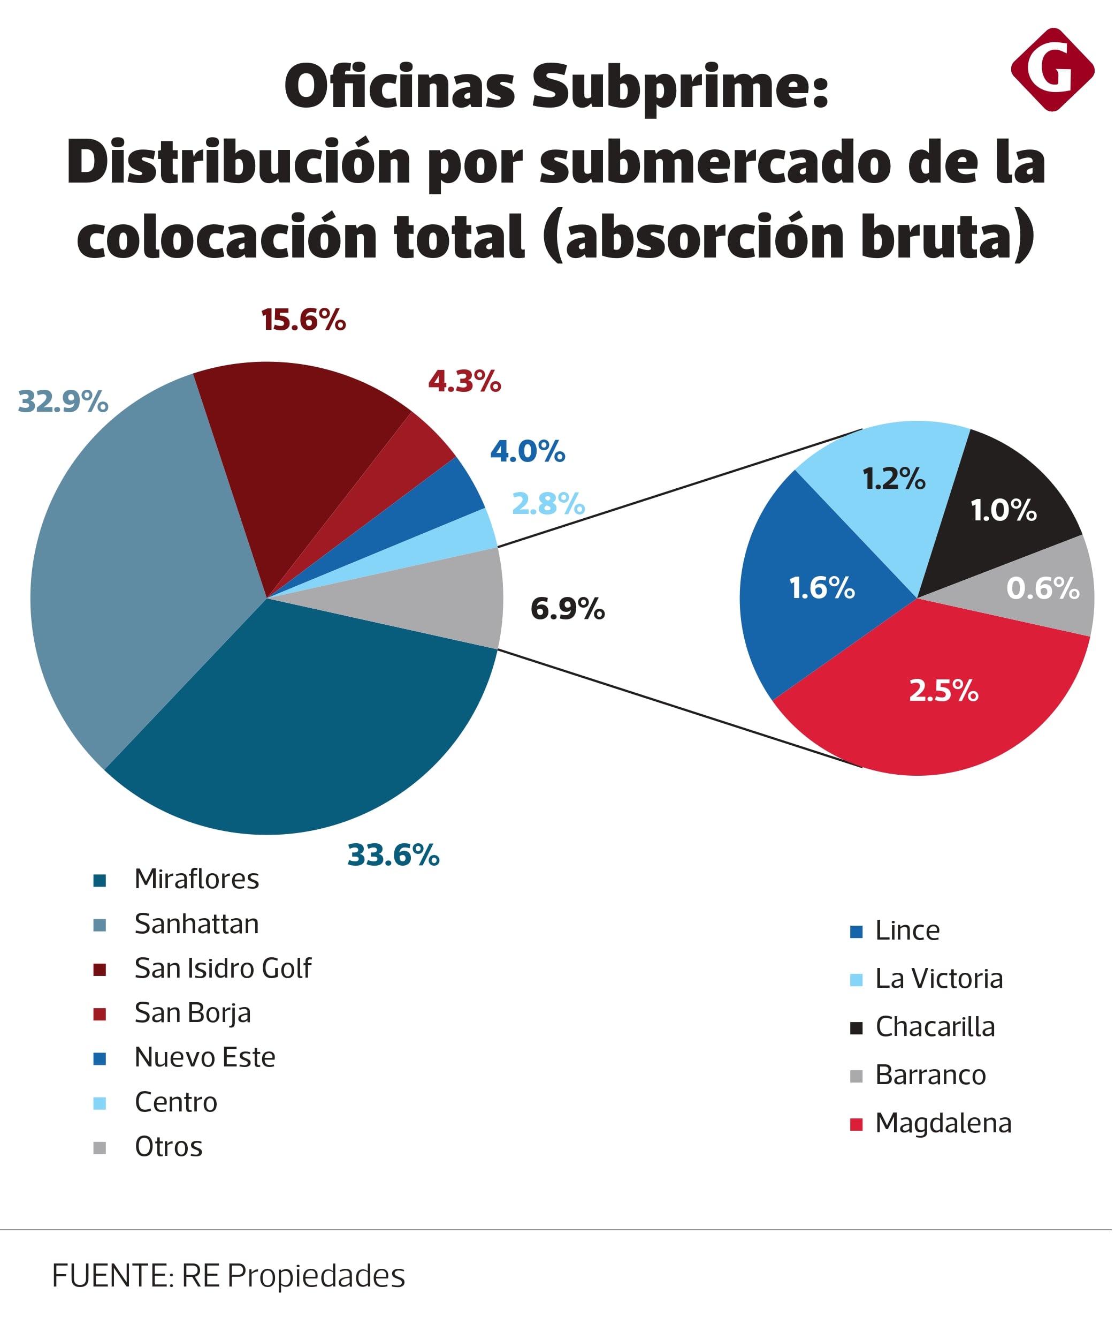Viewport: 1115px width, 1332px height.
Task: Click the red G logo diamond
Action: [x=1052, y=70]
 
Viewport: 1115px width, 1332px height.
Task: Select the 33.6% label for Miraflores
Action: [x=393, y=855]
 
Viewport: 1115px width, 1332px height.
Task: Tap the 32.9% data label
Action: [x=63, y=402]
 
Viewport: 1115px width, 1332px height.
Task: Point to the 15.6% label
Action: [x=304, y=320]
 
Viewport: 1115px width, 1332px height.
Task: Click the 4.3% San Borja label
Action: [x=464, y=382]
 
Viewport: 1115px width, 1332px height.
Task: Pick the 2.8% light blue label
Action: [x=548, y=504]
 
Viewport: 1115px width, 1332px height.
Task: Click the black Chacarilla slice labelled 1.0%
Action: [x=1005, y=508]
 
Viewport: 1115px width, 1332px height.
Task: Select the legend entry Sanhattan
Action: [x=196, y=924]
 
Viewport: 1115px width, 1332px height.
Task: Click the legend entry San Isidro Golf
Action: [x=223, y=968]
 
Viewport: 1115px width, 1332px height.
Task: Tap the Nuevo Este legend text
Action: [x=205, y=1057]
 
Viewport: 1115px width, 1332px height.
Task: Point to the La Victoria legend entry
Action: [x=939, y=979]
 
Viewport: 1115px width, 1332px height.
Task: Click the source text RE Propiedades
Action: [x=293, y=1276]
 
